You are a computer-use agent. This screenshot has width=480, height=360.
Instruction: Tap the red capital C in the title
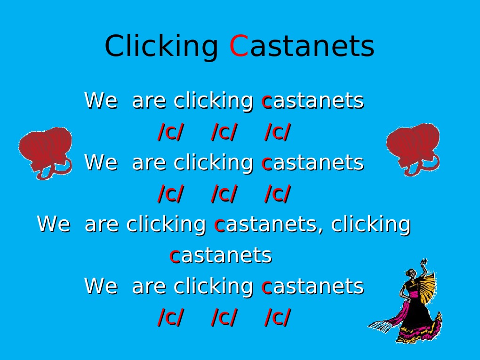[238, 47]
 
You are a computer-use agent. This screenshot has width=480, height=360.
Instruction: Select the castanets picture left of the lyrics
[45, 152]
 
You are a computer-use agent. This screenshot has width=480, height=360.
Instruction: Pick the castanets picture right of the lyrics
[413, 149]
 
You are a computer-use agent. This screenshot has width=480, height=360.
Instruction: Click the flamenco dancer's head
[411, 273]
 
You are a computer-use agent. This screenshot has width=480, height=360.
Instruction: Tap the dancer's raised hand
[424, 262]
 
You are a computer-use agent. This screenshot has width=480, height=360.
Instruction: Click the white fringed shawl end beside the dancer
[382, 325]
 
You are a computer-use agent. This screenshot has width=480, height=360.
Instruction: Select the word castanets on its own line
[220, 256]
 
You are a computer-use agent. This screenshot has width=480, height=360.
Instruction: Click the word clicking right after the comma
[370, 224]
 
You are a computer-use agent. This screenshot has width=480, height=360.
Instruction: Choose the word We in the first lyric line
[100, 101]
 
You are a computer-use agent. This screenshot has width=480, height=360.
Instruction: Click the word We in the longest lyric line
[53, 224]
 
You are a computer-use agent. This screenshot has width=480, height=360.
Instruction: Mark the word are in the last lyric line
[150, 286]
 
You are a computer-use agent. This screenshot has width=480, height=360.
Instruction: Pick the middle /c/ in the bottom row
[224, 318]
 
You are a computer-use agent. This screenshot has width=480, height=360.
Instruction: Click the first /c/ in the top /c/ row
[170, 132]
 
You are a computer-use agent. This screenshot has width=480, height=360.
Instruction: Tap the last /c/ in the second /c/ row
[277, 194]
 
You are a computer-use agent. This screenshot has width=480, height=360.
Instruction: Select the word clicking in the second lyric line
[213, 163]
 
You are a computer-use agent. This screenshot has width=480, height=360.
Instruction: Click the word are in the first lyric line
[150, 101]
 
